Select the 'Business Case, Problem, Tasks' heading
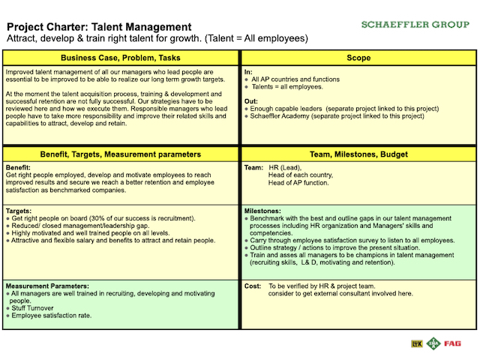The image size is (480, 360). tap(120, 57)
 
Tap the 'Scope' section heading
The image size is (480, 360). tap(358, 57)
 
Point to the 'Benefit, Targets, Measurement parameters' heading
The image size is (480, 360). tap(120, 154)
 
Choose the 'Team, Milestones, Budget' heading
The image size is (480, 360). tap(358, 154)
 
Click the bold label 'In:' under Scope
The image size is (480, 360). tap(248, 70)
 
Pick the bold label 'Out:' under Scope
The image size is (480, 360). tap(250, 100)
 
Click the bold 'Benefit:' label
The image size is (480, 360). tap(18, 167)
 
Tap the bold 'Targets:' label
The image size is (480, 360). tap(20, 211)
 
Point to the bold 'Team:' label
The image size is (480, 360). tap(253, 167)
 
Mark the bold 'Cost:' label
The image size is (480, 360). tap(253, 286)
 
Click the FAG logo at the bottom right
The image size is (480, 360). tap(452, 343)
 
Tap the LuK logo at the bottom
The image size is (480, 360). tap(417, 343)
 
